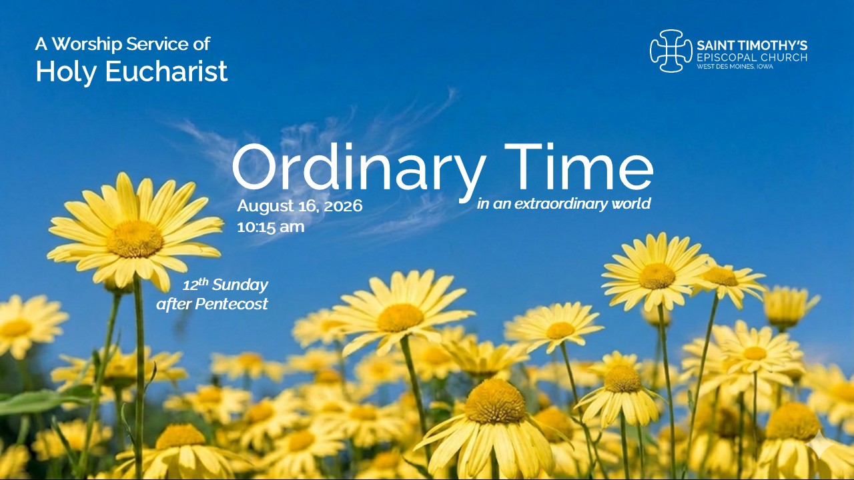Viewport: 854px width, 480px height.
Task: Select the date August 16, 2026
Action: [300, 206]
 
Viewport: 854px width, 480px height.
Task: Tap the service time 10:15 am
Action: [271, 227]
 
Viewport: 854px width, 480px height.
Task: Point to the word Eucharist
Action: [166, 71]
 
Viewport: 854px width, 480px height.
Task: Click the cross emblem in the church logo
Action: [671, 51]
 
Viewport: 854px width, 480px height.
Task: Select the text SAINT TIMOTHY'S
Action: [752, 46]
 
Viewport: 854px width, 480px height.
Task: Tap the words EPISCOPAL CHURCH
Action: [752, 57]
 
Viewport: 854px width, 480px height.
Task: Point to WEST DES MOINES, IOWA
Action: [735, 67]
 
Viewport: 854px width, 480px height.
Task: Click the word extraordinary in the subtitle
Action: [561, 203]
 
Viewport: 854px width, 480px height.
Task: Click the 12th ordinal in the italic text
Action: [195, 285]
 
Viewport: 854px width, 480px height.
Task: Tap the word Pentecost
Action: [232, 305]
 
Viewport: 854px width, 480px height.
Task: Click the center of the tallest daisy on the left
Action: [135, 239]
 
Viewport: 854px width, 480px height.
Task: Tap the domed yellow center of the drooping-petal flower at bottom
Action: [494, 401]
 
